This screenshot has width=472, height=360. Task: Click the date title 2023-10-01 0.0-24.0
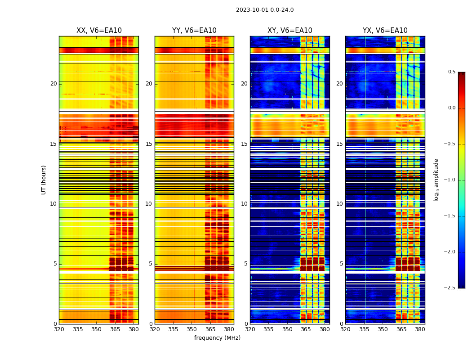coord(265,10)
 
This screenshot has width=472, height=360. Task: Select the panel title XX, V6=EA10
coord(99,31)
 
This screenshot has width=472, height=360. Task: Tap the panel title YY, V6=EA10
coord(194,31)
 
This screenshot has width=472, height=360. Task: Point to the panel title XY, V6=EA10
coord(290,31)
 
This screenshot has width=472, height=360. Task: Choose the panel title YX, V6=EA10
coord(385,31)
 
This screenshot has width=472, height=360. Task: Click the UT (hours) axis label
coord(44,180)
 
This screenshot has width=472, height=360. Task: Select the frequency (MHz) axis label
coord(217,338)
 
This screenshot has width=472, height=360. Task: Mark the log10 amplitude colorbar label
coord(436,180)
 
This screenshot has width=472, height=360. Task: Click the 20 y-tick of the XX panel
coord(53,84)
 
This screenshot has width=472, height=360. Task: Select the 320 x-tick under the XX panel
coord(59,329)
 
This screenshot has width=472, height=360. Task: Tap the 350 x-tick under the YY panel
coord(192,329)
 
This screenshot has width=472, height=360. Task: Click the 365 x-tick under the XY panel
coord(306,329)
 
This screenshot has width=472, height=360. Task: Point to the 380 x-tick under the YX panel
coord(420,329)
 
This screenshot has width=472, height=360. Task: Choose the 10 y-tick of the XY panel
coord(245,204)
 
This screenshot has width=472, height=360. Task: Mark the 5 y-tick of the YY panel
coord(151,264)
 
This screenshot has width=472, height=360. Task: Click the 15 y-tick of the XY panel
coord(245,144)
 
